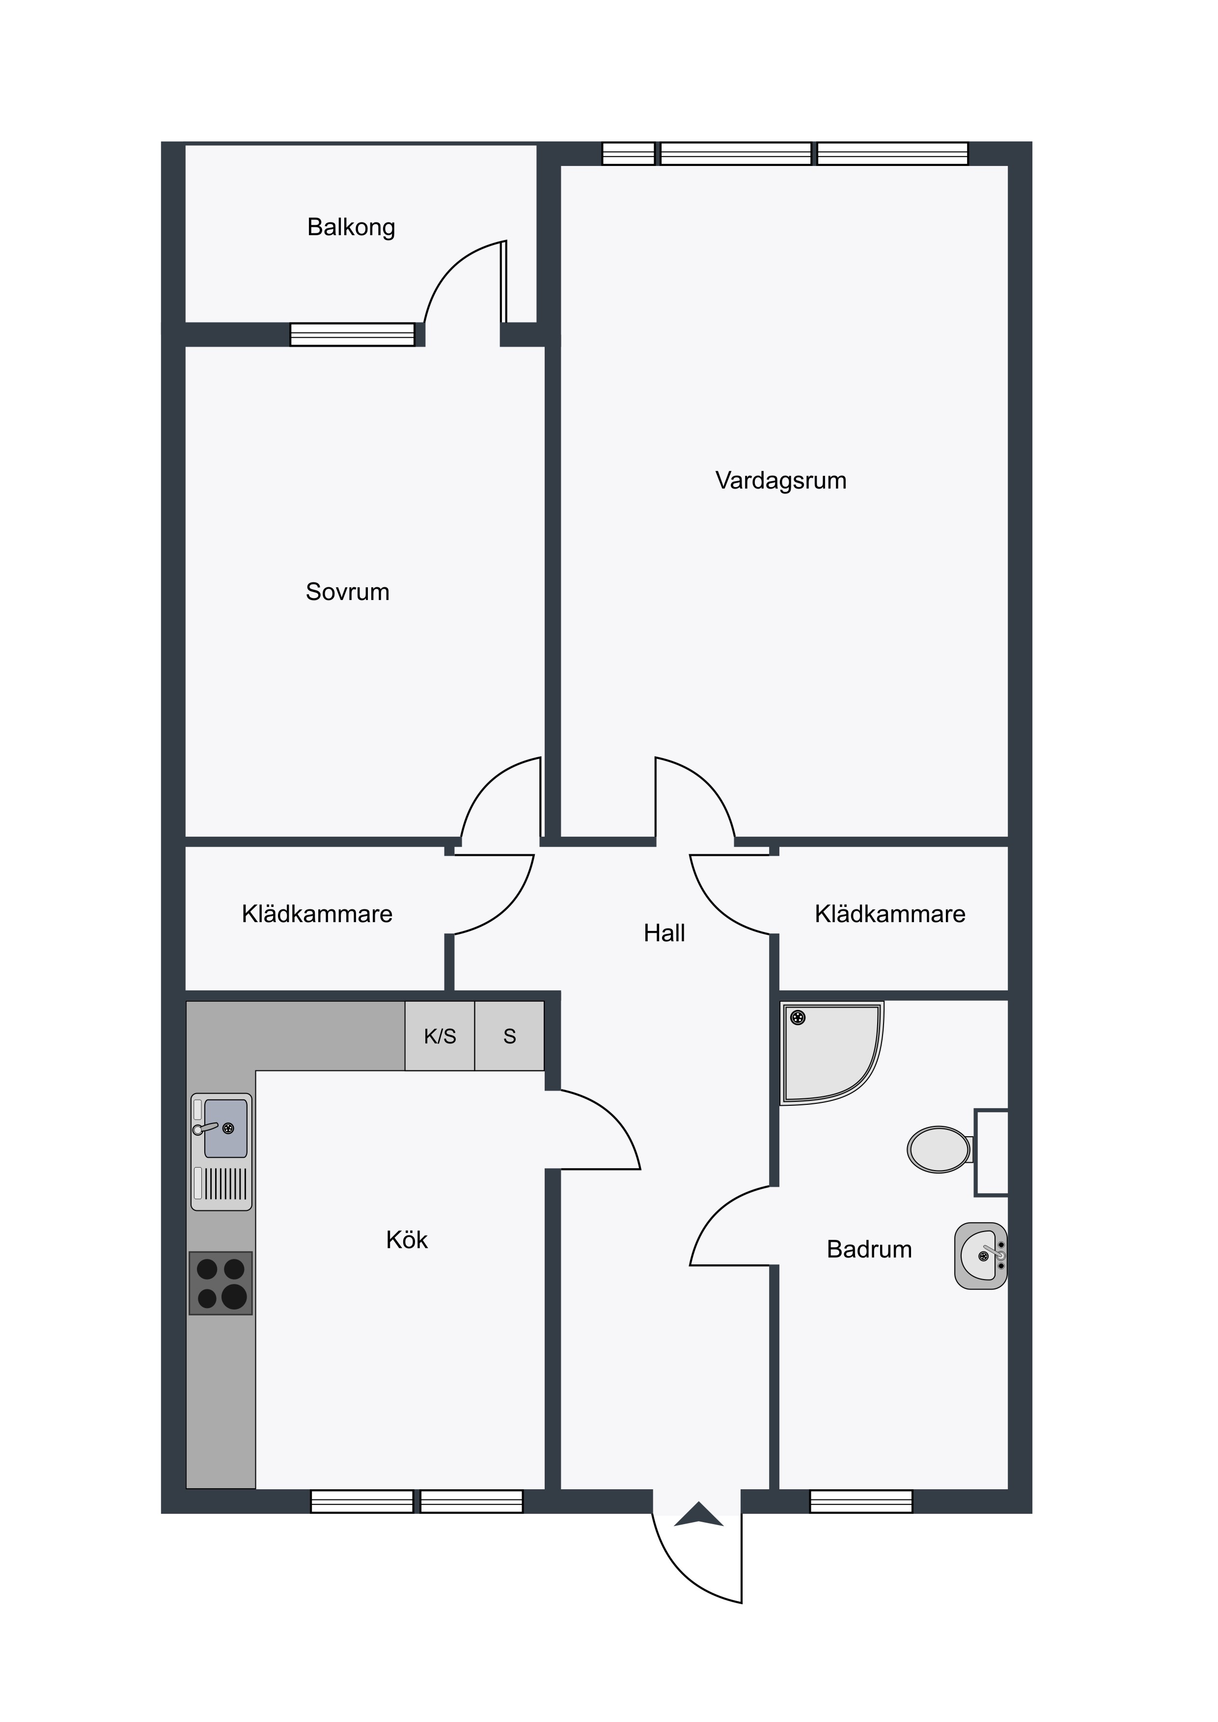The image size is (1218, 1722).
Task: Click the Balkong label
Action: [351, 227]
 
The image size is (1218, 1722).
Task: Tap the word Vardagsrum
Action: [781, 480]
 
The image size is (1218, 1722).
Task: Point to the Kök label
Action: [407, 1240]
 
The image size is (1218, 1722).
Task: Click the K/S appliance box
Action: [440, 1036]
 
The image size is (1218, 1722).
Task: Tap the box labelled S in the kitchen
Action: [509, 1036]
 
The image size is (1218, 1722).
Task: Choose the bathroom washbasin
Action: [981, 1256]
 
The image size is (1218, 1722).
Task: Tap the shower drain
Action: [799, 1018]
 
